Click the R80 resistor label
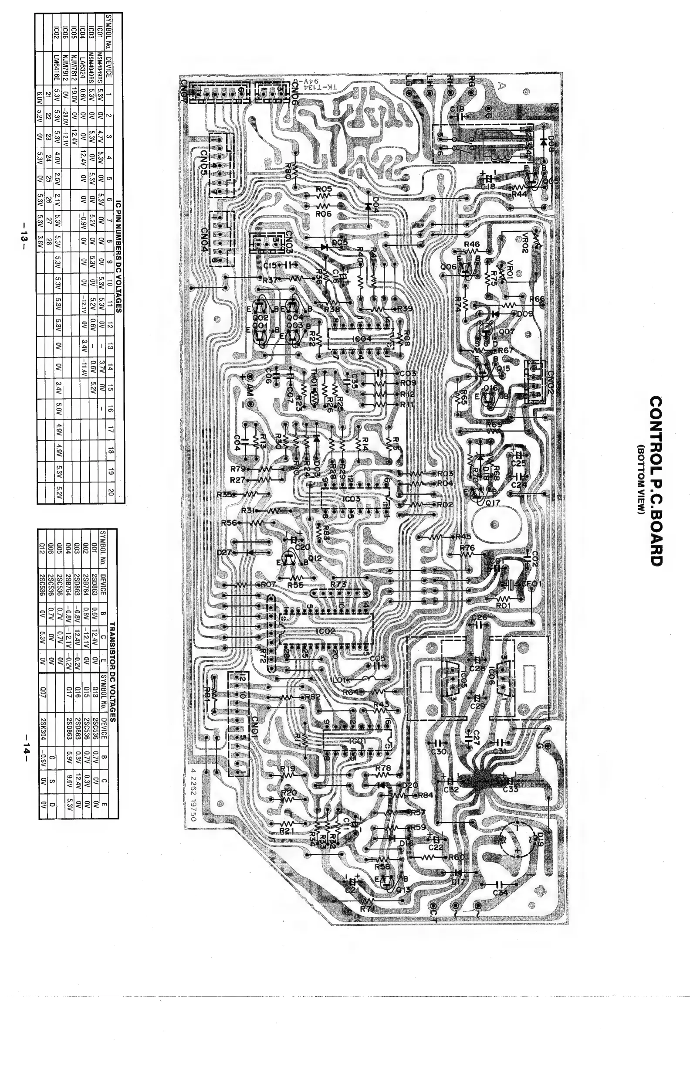click(x=288, y=170)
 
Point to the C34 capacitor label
click(x=501, y=892)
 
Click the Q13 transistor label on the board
click(x=402, y=889)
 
